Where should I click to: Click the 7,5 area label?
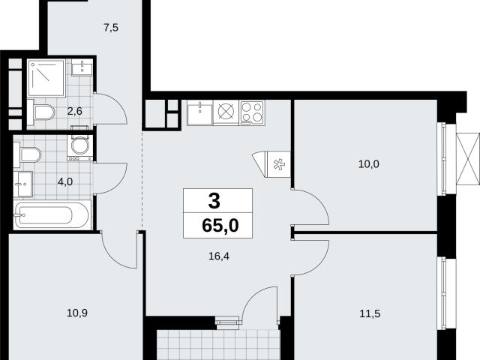111,28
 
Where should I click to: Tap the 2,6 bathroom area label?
75,111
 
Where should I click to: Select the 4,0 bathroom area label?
65,181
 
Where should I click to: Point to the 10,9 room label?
77,313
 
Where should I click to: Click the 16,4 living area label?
219,256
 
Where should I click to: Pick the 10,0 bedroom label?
368,164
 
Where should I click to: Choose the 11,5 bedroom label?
370,313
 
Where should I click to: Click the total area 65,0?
220,226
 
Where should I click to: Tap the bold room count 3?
214,201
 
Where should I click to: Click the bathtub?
52,215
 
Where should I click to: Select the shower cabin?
46,78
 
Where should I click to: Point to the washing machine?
80,148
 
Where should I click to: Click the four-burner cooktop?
252,112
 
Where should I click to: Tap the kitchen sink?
199,113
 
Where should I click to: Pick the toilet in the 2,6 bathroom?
40,112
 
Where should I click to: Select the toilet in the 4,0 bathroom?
27,155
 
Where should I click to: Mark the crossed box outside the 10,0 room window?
468,159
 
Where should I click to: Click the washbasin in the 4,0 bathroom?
23,184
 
